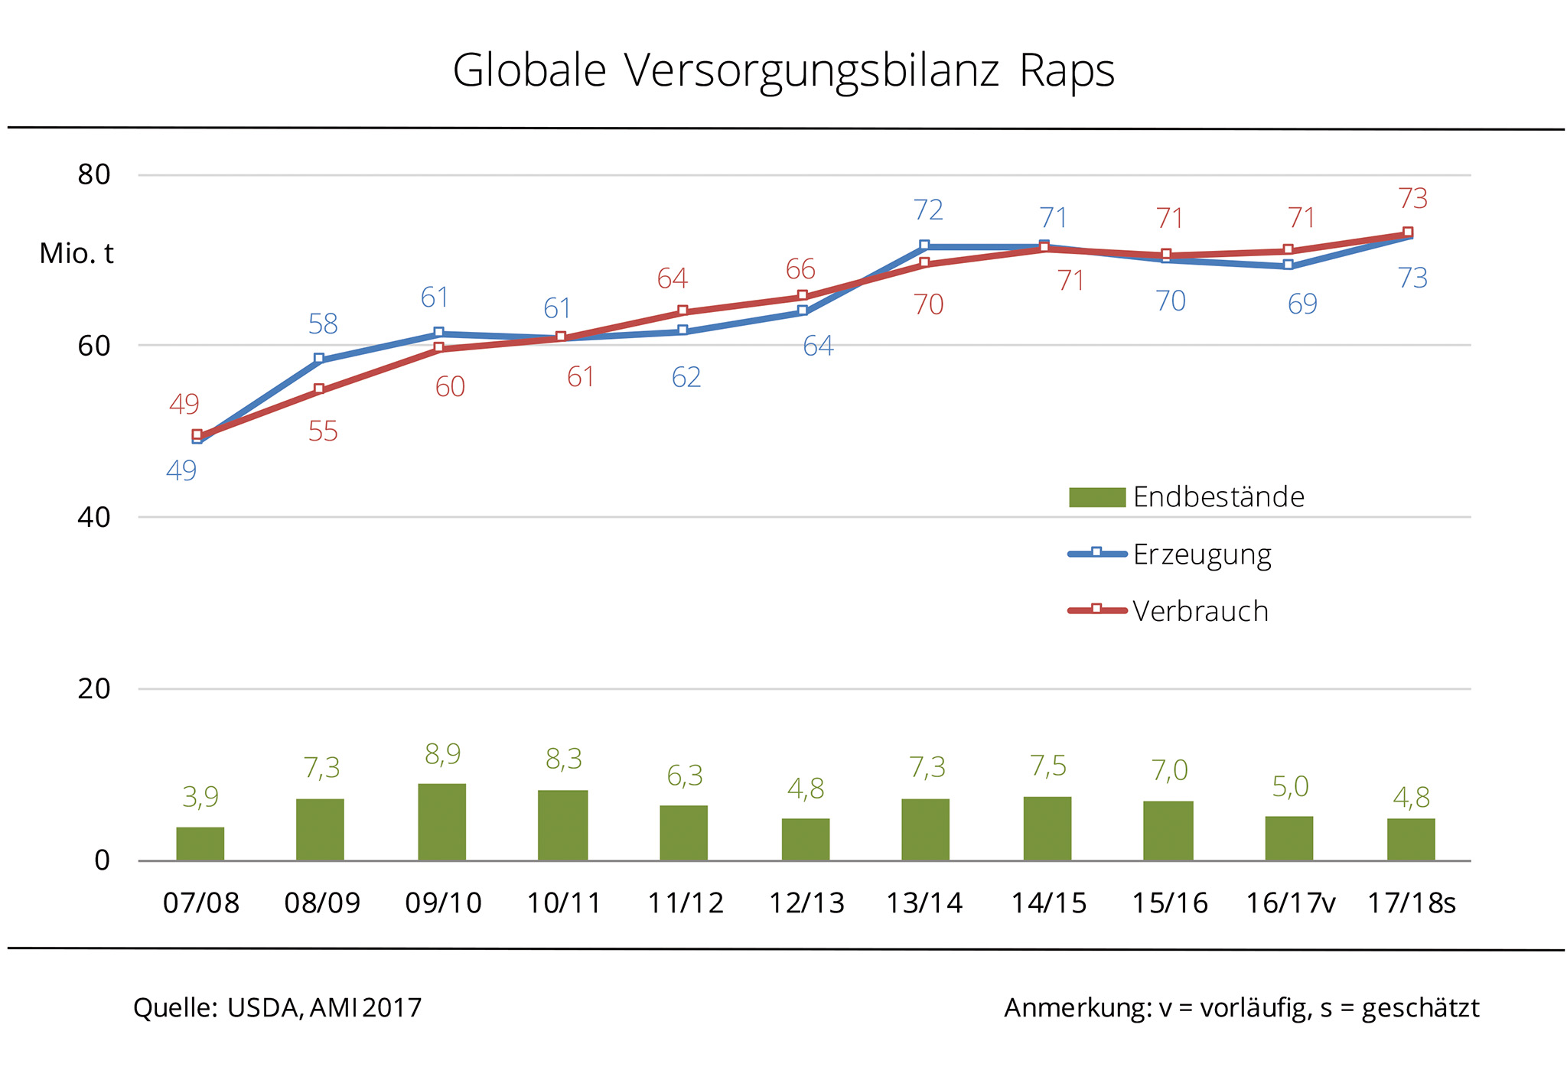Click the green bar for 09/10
(441, 822)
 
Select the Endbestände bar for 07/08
(200, 844)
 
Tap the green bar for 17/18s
(1411, 840)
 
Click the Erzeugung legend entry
(1201, 554)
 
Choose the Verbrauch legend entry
(1200, 611)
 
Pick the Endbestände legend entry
(1218, 497)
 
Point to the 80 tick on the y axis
(94, 175)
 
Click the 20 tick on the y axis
(94, 689)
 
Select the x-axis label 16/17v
(1290, 903)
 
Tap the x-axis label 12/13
(806, 903)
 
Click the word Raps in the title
(1067, 71)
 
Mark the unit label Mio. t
(77, 254)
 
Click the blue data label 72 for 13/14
(928, 210)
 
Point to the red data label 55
(323, 432)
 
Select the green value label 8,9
(442, 755)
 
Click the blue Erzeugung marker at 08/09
(319, 359)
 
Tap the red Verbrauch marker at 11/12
(683, 311)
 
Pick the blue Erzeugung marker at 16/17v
(1288, 265)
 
